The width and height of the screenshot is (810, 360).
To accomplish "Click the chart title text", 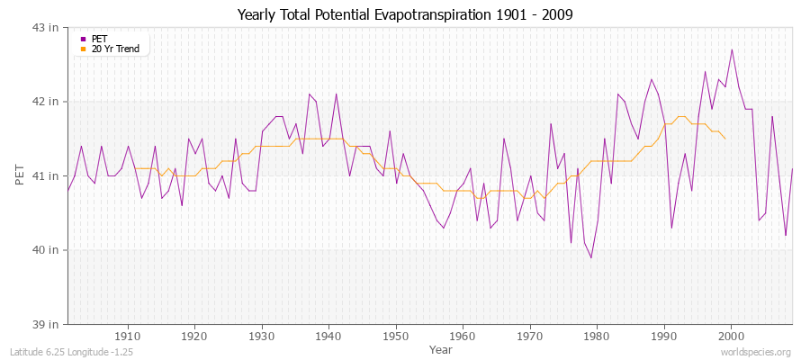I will click(x=405, y=15).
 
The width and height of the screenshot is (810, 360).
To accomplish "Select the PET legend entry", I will click(x=99, y=39).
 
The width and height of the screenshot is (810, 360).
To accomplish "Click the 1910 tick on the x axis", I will click(x=128, y=335).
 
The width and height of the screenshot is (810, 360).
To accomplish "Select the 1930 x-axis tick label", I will click(x=262, y=335).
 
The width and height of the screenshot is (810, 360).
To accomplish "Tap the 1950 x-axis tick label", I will click(x=396, y=335).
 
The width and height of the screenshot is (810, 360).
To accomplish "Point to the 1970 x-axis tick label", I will click(x=530, y=335).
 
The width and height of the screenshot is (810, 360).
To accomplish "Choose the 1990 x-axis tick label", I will click(x=664, y=335).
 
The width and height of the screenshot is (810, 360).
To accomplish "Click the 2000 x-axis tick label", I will click(x=731, y=335).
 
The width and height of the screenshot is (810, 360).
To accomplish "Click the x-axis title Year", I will click(x=441, y=348).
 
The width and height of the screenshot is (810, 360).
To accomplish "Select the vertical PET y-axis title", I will click(x=19, y=175).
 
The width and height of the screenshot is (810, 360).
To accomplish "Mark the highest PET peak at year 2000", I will click(x=732, y=49).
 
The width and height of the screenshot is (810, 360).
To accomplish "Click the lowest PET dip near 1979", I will click(x=591, y=257).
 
